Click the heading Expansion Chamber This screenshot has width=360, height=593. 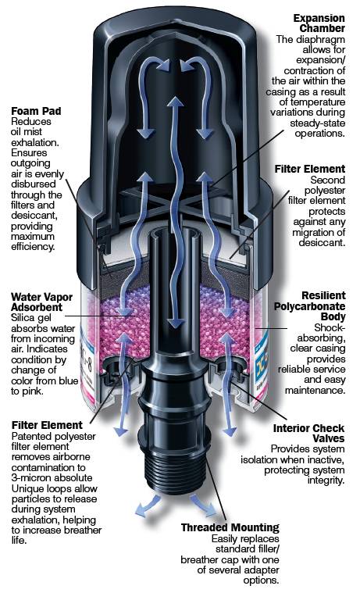point(319,23)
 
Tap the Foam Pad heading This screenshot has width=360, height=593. point(36,111)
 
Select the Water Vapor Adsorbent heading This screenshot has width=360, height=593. point(41,302)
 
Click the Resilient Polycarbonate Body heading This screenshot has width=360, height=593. point(310,306)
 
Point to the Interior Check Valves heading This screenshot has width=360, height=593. point(309,434)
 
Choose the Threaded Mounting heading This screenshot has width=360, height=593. point(230,527)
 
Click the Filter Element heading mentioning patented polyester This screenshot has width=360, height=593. point(47,425)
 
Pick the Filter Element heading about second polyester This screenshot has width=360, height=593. point(310,169)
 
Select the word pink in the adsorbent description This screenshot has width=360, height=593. point(34,391)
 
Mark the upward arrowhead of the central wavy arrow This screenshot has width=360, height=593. point(176,104)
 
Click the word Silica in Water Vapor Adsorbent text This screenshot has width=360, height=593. point(24,318)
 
